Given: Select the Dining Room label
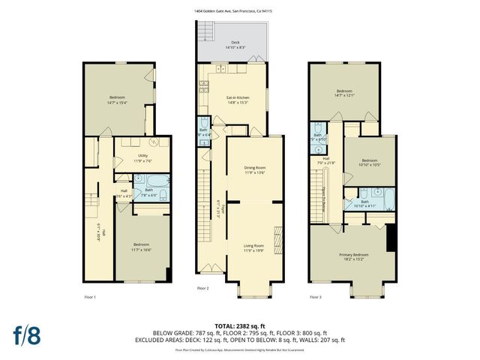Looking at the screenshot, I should (x=254, y=167).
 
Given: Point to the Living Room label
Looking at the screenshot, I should (x=254, y=245).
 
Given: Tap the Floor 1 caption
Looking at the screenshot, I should (x=90, y=298).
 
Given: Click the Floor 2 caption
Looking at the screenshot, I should (x=203, y=288).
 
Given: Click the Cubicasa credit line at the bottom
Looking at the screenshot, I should (x=238, y=350).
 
